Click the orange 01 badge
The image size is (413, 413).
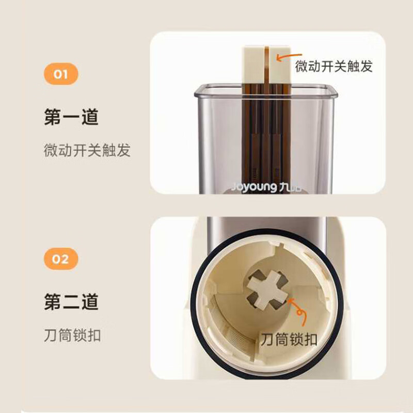(x=60, y=74)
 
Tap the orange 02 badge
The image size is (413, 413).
(x=60, y=258)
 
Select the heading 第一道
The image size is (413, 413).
(x=71, y=118)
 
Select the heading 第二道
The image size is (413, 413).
(x=71, y=301)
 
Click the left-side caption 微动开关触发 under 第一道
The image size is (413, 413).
(x=87, y=150)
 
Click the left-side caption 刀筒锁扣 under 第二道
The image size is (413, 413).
(x=72, y=336)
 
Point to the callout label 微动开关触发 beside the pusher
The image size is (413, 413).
(x=333, y=66)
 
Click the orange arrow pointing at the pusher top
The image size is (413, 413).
(x=282, y=56)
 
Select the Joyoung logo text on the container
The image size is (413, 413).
(x=255, y=185)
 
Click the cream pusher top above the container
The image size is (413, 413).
(x=253, y=62)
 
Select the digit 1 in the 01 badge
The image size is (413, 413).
(x=65, y=74)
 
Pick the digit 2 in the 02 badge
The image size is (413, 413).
(x=65, y=258)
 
